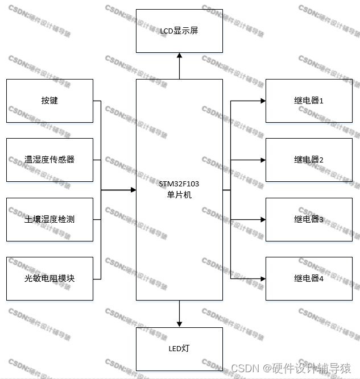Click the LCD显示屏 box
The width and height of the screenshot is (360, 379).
179,30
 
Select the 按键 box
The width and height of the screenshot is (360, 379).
49,101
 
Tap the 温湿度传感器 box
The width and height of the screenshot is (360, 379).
49,160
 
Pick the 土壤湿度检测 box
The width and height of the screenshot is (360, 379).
49,219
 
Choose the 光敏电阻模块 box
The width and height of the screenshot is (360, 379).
49,278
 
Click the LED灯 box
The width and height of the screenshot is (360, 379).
179,349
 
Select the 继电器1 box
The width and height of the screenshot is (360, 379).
309,101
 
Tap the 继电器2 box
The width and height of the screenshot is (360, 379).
309,160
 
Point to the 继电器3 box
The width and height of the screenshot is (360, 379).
309,219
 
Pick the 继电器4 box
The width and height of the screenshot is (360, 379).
309,278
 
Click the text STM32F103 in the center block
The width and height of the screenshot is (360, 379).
179,184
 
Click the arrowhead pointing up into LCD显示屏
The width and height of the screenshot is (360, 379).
179,56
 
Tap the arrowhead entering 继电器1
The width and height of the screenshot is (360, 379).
263,101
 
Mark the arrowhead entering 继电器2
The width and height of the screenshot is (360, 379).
263,160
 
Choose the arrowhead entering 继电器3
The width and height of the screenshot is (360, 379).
263,219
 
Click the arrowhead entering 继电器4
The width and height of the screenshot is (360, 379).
263,278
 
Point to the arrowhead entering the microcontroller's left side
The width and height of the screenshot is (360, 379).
133,190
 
